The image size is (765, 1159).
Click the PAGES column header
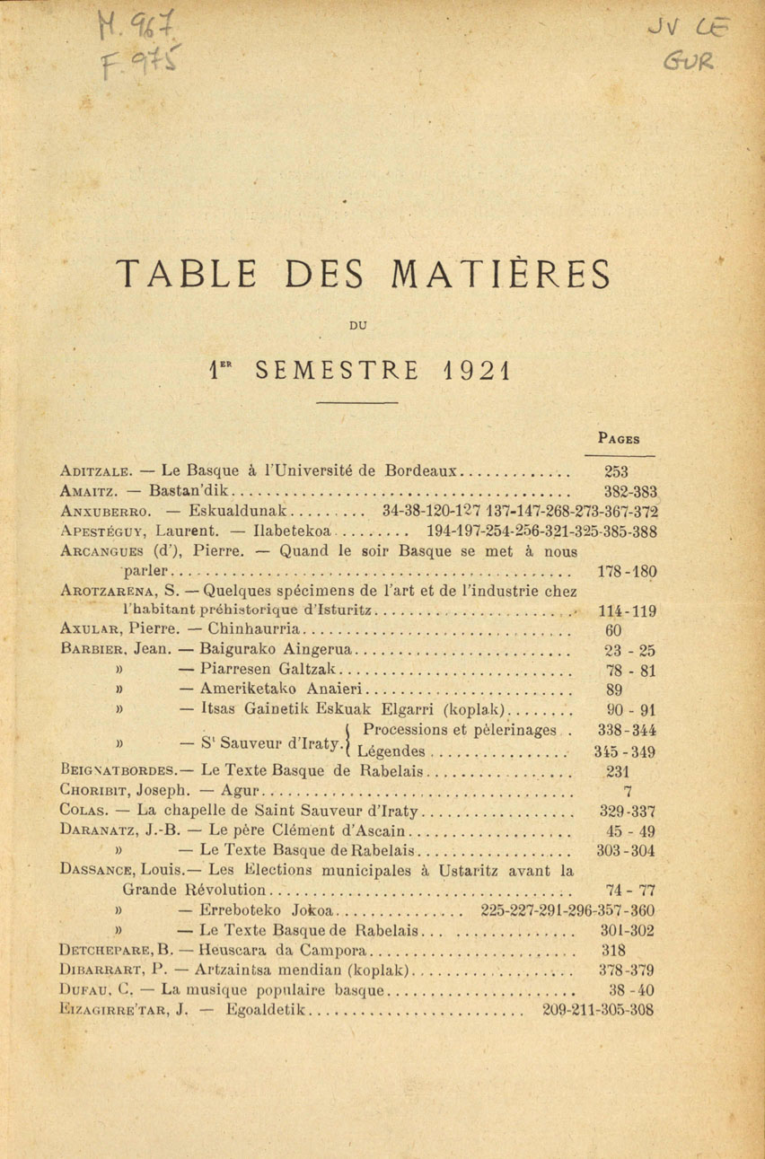click(618, 439)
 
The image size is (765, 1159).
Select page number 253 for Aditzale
click(617, 471)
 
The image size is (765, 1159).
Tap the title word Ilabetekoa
click(294, 531)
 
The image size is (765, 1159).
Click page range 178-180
click(627, 571)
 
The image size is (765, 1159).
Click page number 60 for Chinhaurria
click(614, 630)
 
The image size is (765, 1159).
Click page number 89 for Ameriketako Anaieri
click(614, 690)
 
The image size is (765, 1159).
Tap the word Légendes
click(391, 751)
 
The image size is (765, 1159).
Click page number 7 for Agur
click(627, 792)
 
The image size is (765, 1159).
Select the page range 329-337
click(627, 812)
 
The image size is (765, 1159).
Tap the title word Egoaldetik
click(268, 1010)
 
